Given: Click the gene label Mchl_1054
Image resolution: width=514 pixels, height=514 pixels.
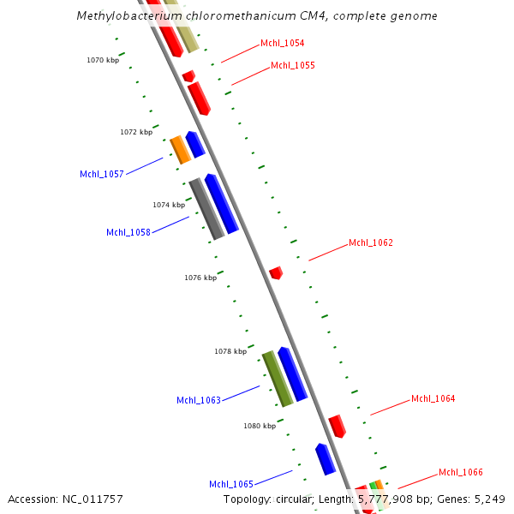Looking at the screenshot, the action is (282, 43).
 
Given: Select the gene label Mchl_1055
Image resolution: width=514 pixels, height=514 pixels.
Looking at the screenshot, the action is (293, 65).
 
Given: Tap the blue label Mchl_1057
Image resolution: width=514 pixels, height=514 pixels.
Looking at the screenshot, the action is (102, 174).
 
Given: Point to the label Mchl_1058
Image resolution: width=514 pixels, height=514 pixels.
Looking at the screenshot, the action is (128, 232).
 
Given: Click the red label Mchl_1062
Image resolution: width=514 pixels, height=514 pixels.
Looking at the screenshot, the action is (371, 243).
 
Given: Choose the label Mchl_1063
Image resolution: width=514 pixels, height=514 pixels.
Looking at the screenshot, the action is (199, 400).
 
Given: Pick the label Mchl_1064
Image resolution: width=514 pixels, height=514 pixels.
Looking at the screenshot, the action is (433, 398).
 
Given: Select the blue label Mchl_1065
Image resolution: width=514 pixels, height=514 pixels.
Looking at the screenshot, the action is (231, 484).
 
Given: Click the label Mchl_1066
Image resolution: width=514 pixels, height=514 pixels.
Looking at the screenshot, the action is (461, 472).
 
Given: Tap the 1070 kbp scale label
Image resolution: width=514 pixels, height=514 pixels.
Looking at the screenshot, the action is (103, 60).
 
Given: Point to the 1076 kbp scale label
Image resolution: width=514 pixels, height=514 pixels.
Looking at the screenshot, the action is (200, 278).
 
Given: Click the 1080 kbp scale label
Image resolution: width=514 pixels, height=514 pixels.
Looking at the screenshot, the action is (260, 426).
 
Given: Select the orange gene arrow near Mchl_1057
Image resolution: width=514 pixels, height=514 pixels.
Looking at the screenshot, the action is (180, 149).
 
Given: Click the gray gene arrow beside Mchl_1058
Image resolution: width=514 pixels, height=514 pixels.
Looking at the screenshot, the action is (206, 208).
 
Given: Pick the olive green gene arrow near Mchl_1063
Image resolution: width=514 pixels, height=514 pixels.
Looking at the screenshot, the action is (278, 378).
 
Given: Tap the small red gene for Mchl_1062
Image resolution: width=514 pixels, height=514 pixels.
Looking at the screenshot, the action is (276, 273).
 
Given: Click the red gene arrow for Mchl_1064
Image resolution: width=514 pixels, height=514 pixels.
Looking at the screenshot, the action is (338, 426).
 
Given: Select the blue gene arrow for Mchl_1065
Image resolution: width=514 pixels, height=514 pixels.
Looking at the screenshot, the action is (326, 459).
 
